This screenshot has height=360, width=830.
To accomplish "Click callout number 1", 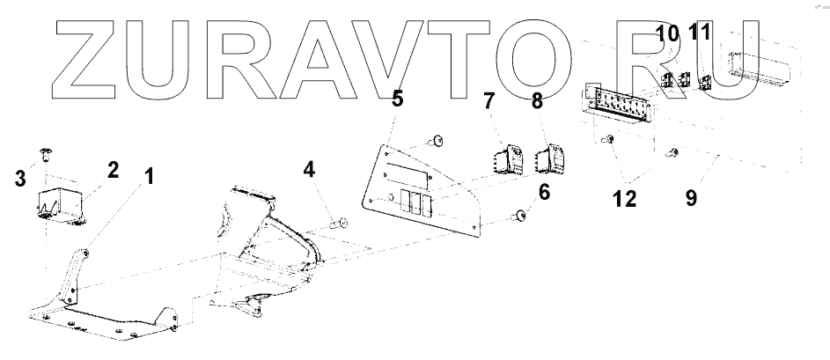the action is (x=149, y=176).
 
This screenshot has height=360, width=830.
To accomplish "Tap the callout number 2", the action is (x=112, y=169).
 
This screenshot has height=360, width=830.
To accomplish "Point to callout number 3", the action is (x=19, y=180).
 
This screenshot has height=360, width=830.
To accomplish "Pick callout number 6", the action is (x=544, y=191).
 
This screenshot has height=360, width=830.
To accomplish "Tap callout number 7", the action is (x=490, y=104).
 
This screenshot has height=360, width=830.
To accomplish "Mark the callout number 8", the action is (x=537, y=103).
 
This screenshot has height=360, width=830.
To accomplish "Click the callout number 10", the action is (x=668, y=34).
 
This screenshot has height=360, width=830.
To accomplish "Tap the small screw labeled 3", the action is (x=49, y=155).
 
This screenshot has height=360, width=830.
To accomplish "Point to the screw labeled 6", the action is (x=521, y=216).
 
